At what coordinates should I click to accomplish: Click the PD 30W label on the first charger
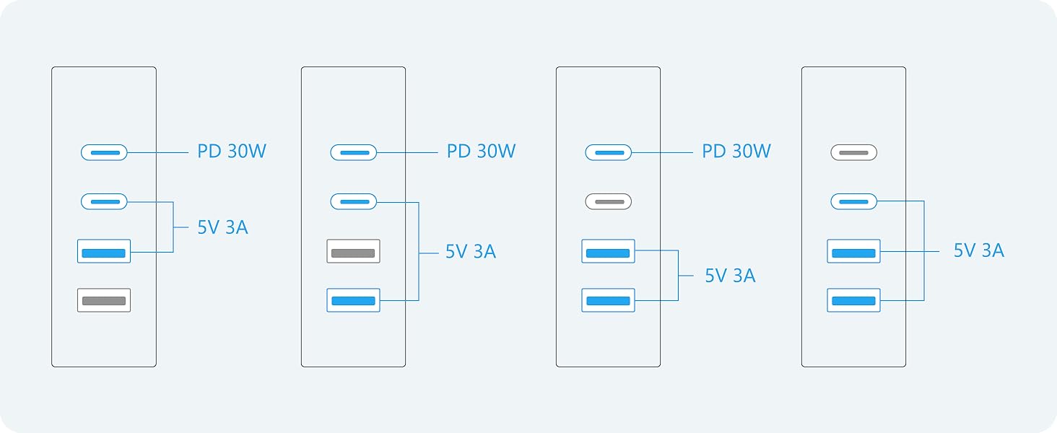pyautogui.click(x=232, y=152)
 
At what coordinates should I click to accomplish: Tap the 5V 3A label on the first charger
pyautogui.click(x=222, y=227)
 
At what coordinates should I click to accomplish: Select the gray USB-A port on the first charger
pyautogui.click(x=104, y=300)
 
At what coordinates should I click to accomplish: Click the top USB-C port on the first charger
pyautogui.click(x=104, y=152)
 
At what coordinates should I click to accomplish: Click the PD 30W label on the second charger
pyautogui.click(x=481, y=152)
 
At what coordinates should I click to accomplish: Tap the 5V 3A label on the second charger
pyautogui.click(x=471, y=252)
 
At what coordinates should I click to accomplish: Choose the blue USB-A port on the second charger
pyautogui.click(x=353, y=300)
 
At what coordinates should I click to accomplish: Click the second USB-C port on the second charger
pyautogui.click(x=353, y=201)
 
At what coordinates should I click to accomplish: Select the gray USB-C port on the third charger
pyautogui.click(x=608, y=201)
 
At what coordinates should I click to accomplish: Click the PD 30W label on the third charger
pyautogui.click(x=736, y=152)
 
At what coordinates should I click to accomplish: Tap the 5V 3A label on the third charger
pyautogui.click(x=730, y=276)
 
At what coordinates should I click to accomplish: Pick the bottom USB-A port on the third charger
pyautogui.click(x=608, y=300)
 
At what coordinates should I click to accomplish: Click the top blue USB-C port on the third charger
pyautogui.click(x=608, y=152)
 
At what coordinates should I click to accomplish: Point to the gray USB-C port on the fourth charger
pyautogui.click(x=853, y=152)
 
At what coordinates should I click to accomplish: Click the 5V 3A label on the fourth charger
pyautogui.click(x=978, y=250)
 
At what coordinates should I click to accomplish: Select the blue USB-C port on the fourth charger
pyautogui.click(x=853, y=201)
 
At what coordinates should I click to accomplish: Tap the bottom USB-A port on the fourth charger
pyautogui.click(x=853, y=300)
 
